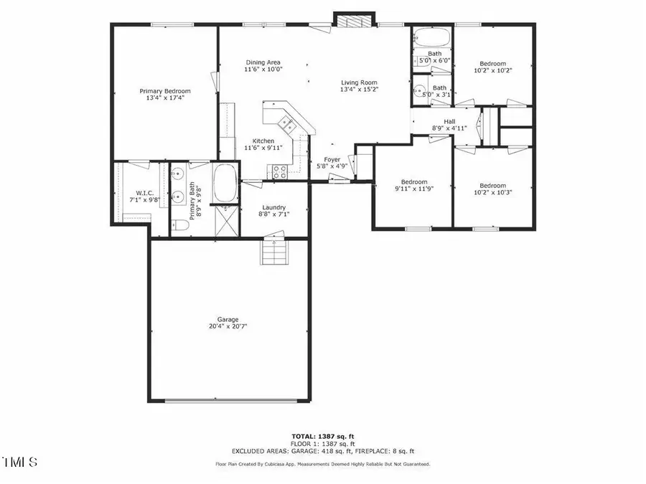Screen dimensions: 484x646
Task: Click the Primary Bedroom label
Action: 165,91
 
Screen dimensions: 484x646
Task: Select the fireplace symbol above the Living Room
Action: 353,22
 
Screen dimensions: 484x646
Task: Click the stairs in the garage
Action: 273,253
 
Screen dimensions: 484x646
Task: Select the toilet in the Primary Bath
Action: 182,226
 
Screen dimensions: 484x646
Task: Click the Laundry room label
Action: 273,207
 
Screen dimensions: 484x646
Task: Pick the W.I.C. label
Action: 131,192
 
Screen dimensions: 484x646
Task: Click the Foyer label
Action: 332,160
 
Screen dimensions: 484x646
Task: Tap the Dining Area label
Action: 262,62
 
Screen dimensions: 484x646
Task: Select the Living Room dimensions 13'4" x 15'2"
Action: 359,90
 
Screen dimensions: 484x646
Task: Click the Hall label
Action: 449,121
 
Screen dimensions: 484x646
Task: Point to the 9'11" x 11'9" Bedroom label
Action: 414,181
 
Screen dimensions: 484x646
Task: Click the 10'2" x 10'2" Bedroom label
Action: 493,63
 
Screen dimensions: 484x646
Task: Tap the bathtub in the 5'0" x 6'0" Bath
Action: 433,37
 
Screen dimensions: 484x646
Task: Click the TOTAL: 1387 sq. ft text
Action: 322,436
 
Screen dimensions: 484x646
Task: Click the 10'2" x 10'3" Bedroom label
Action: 493,185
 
